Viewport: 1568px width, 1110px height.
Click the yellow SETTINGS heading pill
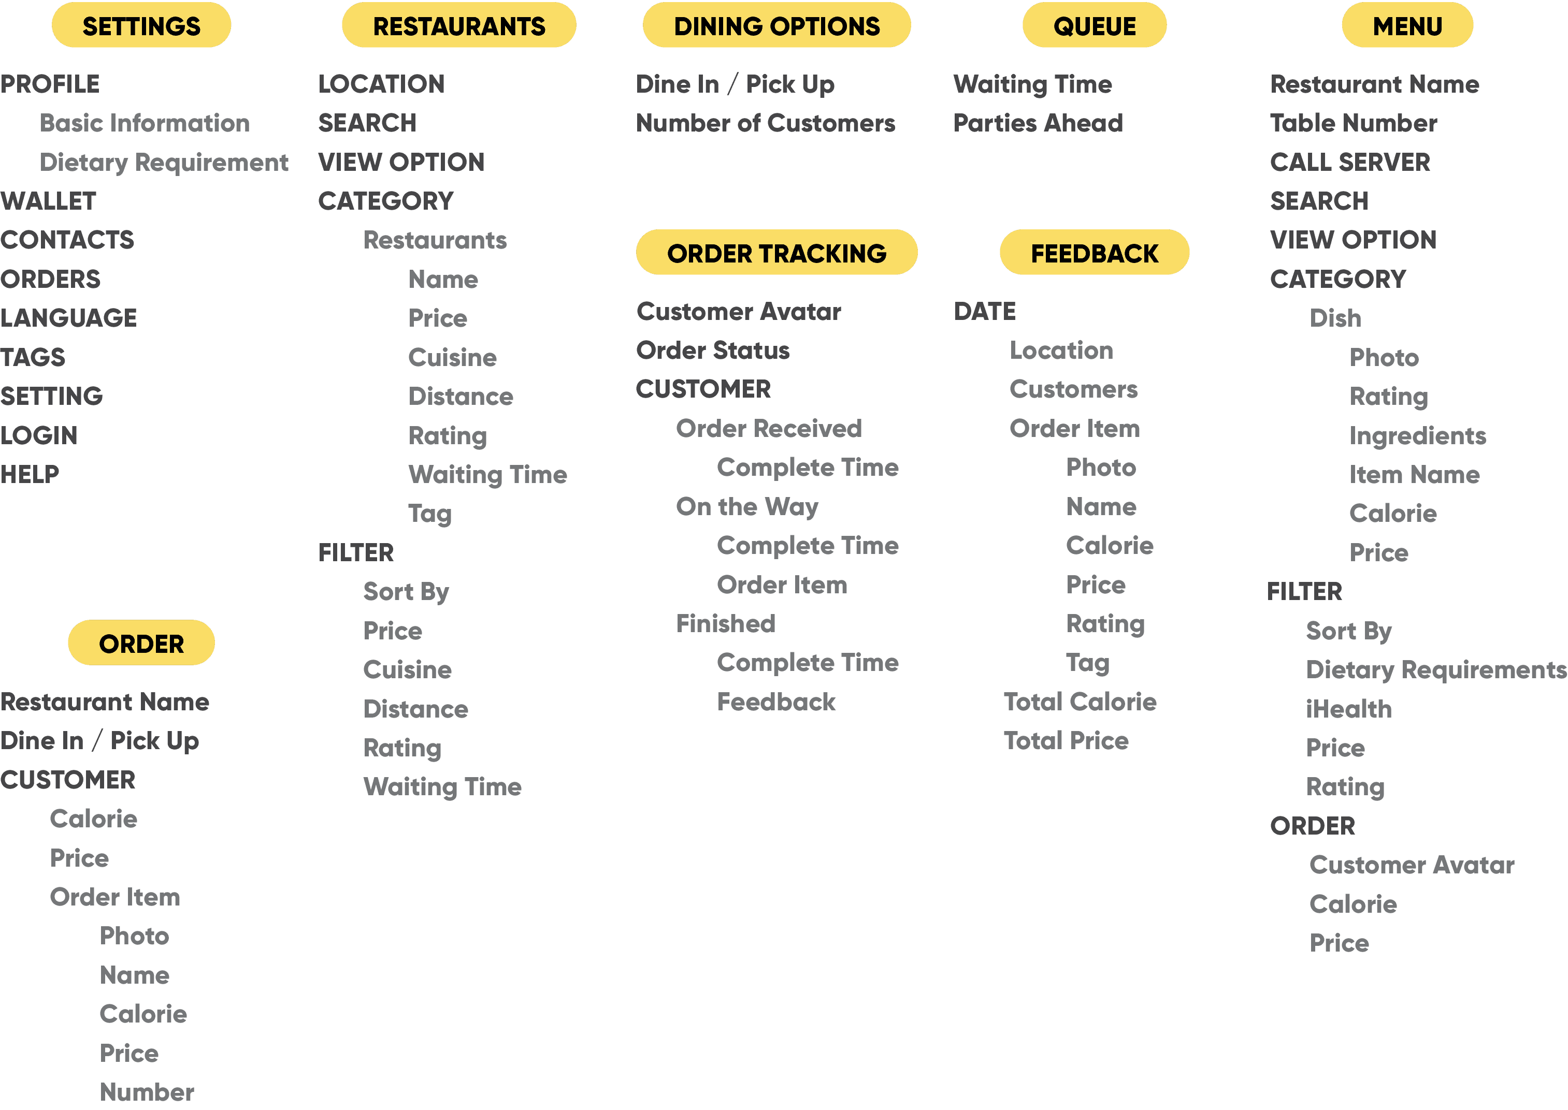[x=141, y=26]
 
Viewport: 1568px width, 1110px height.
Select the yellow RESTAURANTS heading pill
[x=459, y=26]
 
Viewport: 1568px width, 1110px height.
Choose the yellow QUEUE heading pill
[x=1094, y=26]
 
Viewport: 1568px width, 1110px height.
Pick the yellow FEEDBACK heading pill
[x=1094, y=253]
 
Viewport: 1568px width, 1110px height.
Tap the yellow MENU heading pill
[x=1407, y=26]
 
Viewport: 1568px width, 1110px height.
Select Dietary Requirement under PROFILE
[x=164, y=163]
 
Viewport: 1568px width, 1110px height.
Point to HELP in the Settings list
[x=30, y=474]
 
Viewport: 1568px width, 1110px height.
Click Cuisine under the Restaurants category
[x=452, y=357]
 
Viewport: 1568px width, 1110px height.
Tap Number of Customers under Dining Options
[x=765, y=123]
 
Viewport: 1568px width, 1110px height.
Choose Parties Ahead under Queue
[x=1038, y=123]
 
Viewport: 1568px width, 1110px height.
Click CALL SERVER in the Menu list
[x=1350, y=162]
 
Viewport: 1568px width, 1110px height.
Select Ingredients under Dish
[x=1418, y=435]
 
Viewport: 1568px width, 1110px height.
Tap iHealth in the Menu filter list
[x=1348, y=709]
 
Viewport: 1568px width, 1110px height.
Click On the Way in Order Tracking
[x=747, y=506]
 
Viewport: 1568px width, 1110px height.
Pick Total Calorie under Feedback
[x=1080, y=702]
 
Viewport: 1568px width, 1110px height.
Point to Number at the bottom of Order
[x=147, y=1091]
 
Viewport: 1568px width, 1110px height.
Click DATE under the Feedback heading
[x=985, y=311]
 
